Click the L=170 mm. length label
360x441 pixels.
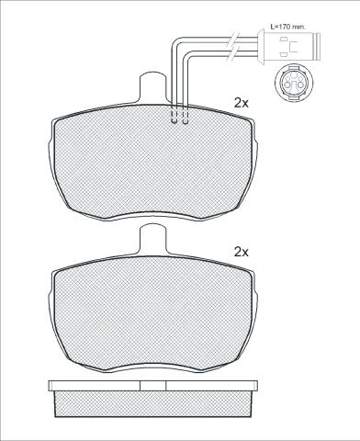click(287, 27)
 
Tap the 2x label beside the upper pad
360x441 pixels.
click(242, 103)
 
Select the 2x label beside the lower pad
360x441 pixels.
click(242, 253)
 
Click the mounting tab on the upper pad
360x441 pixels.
click(153, 87)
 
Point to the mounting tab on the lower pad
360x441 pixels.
click(153, 239)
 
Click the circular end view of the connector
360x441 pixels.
click(293, 83)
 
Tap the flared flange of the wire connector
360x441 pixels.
click(261, 47)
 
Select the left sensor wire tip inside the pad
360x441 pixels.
click(174, 122)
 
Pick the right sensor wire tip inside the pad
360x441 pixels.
click(185, 122)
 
